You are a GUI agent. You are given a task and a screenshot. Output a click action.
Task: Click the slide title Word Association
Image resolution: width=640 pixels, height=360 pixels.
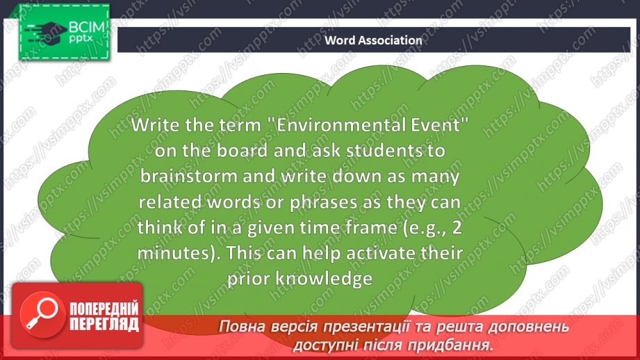click(x=373, y=40)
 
